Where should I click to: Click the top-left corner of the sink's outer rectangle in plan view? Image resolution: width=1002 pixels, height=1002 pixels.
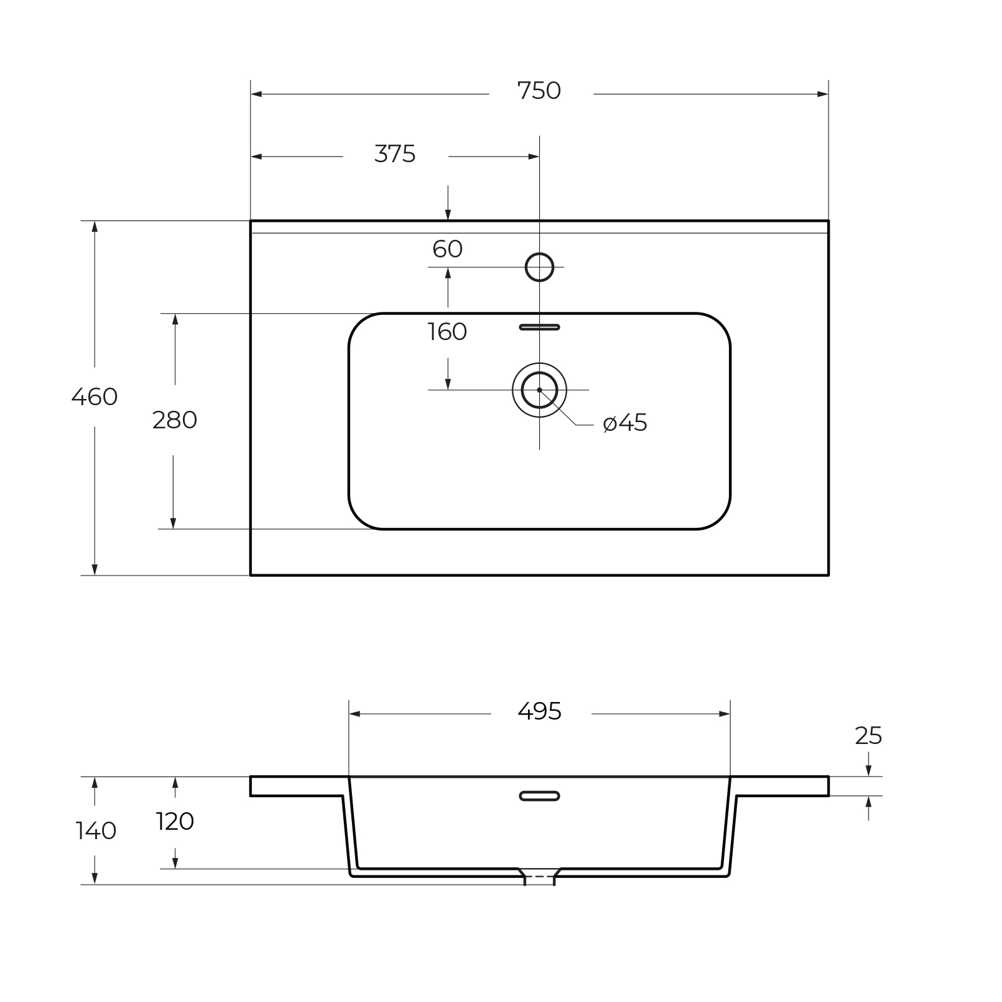pos(250,220)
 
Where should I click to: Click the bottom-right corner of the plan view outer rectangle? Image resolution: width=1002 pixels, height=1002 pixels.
pos(829,575)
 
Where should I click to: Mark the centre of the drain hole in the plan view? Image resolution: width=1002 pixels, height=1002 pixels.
pos(539,390)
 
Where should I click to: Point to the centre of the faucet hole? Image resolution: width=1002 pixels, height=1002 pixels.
pos(539,267)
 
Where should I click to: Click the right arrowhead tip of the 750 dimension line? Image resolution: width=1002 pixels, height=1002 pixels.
pos(829,94)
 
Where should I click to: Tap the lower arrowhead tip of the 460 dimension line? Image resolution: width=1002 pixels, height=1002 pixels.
pos(95,575)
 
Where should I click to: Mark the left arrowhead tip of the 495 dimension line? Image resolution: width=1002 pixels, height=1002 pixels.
pos(349,714)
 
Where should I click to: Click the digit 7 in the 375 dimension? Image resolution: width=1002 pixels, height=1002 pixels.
pos(395,154)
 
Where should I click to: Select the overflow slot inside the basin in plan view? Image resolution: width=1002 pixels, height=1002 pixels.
pos(539,327)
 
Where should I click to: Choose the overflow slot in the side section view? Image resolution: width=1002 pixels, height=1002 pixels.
pos(539,796)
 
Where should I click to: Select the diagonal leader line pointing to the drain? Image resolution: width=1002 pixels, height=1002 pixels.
pos(558,408)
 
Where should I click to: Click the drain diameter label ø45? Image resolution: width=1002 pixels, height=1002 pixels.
pos(625,423)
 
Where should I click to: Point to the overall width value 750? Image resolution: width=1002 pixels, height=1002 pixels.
pos(539,91)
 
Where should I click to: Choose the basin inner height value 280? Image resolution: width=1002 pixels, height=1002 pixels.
pos(175,420)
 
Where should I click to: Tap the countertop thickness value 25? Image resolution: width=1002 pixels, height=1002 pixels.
pos(869,736)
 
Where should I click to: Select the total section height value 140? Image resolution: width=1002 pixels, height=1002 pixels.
pos(96,831)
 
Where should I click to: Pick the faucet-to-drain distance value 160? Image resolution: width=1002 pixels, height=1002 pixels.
pos(447,332)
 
